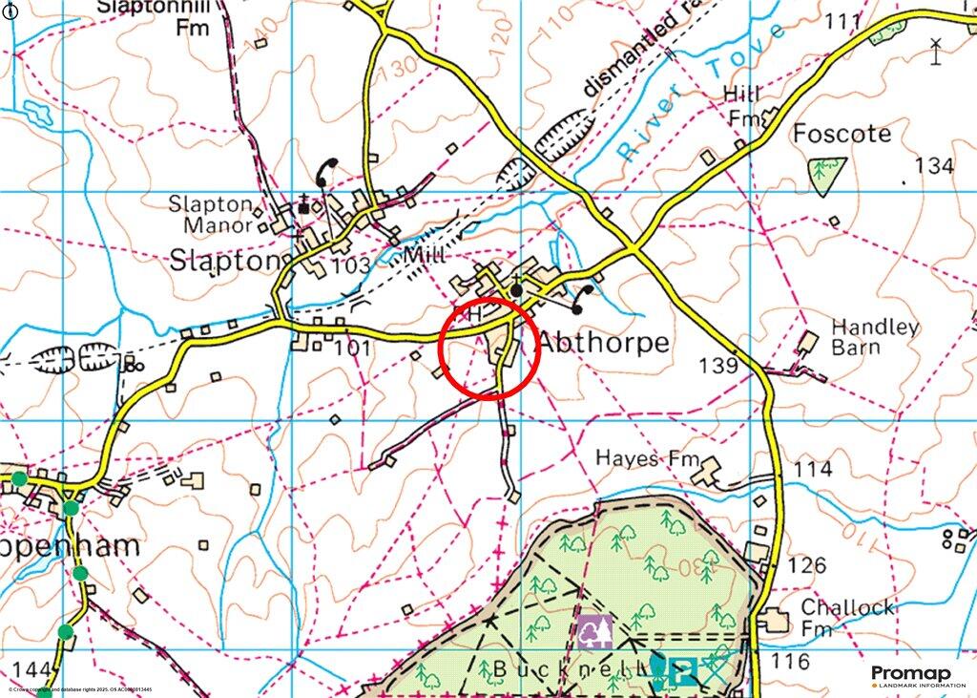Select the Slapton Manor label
[211, 215]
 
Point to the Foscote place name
[842, 134]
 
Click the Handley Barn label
[874, 336]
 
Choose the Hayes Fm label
[641, 458]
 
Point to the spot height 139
[718, 366]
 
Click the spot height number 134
[933, 166]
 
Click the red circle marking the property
[489, 349]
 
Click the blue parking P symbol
[680, 672]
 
